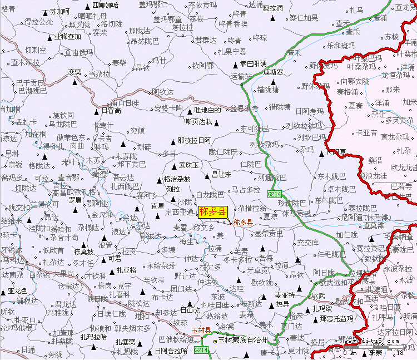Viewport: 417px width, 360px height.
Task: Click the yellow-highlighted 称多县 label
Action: pyautogui.click(x=213, y=211)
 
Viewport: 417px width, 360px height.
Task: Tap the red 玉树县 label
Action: pyautogui.click(x=201, y=331)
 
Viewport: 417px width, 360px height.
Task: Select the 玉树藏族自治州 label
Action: pyautogui.click(x=243, y=339)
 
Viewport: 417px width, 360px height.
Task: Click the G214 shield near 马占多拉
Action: pyautogui.click(x=274, y=194)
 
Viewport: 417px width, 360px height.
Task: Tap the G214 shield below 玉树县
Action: pyautogui.click(x=201, y=350)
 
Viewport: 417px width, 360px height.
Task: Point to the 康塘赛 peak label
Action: pyautogui.click(x=273, y=72)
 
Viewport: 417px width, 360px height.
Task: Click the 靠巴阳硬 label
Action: pyautogui.click(x=249, y=63)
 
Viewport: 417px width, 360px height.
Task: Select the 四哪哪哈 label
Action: pyautogui.click(x=105, y=5)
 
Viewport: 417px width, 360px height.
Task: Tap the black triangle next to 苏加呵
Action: pyautogui.click(x=46, y=11)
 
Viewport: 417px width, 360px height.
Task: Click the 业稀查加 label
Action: pyautogui.click(x=67, y=37)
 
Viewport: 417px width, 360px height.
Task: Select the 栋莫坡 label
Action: pyautogui.click(x=83, y=252)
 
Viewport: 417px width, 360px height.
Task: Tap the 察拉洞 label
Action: pyautogui.click(x=272, y=8)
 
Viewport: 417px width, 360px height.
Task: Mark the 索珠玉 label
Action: pyautogui.click(x=188, y=165)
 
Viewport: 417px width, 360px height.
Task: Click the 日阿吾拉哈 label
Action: pyautogui.click(x=171, y=351)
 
